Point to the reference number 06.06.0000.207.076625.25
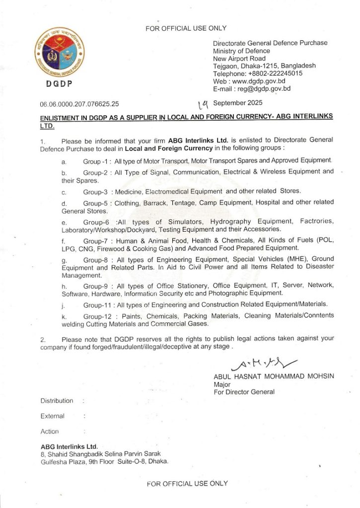(x=79, y=104)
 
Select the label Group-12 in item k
(x=98, y=316)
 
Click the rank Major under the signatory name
(x=221, y=384)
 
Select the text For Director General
(x=244, y=392)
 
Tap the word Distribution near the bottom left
(x=57, y=401)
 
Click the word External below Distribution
(x=52, y=416)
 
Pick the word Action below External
(x=50, y=432)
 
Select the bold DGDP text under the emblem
(x=59, y=84)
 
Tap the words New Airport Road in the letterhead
(x=239, y=59)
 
